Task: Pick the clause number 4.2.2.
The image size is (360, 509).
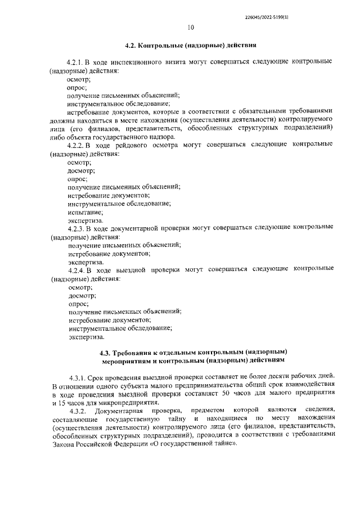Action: tap(76, 145)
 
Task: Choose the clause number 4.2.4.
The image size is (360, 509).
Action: tap(76, 271)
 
